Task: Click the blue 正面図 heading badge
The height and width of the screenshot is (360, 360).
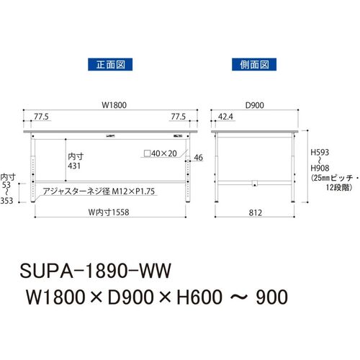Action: [110, 64]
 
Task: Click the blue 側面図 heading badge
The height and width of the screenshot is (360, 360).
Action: [254, 64]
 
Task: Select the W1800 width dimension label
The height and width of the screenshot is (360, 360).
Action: [114, 105]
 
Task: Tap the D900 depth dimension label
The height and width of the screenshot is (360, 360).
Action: [255, 105]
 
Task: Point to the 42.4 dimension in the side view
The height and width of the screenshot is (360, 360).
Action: [225, 117]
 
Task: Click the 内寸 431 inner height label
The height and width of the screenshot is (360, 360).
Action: [76, 161]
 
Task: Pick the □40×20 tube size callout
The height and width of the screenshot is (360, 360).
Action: [160, 153]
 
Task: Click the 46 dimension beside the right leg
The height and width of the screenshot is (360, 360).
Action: [198, 158]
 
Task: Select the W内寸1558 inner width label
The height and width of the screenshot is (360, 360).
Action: [109, 212]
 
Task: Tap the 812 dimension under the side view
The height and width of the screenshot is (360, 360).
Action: [255, 212]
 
